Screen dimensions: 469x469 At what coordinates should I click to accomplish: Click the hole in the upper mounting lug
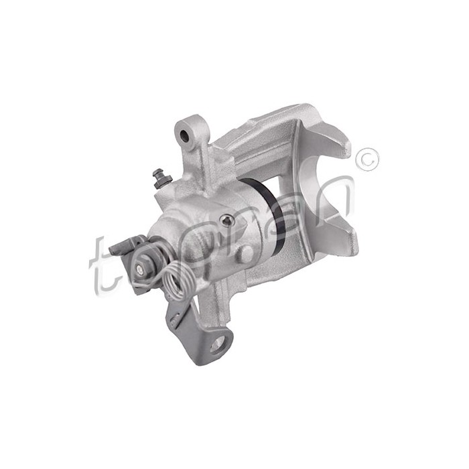(x=185, y=136)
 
